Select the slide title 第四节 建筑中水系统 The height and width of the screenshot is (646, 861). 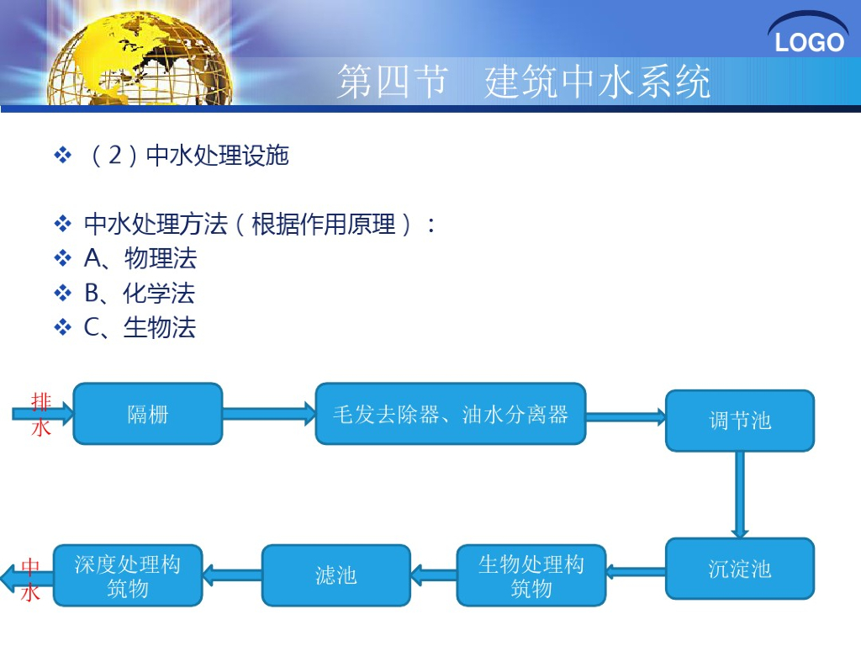coord(523,82)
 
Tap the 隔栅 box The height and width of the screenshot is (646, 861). coord(148,414)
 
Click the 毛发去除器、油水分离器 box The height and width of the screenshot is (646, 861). coord(450,414)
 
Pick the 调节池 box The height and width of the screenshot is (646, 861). coord(740,421)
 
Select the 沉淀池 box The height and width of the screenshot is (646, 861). coord(740,569)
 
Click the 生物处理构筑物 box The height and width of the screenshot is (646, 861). coord(531,575)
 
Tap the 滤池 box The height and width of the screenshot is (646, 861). coord(336,575)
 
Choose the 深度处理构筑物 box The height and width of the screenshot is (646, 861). coord(128,575)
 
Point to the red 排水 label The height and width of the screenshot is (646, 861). coord(41,414)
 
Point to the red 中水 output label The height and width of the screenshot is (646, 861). coord(30,580)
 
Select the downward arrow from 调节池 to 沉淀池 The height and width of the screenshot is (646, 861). coord(740,495)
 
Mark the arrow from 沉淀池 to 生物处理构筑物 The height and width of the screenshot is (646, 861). coord(636,572)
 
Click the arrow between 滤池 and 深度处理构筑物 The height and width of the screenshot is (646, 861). coord(232,575)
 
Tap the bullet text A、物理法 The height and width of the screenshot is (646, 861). coord(140,258)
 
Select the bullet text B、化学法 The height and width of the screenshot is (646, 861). coord(140,293)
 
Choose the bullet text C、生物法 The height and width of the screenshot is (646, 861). coord(140,327)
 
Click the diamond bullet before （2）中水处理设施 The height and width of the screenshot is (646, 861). coord(63,156)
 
